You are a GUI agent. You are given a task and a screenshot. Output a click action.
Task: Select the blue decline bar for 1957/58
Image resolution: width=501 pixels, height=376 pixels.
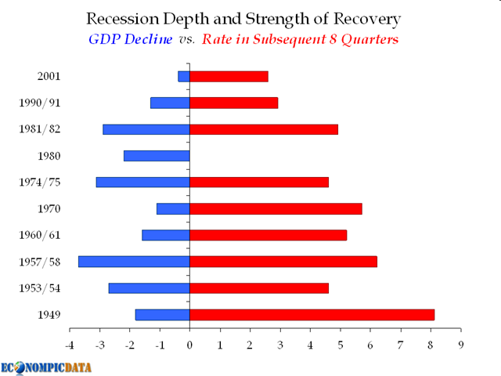coord(134,262)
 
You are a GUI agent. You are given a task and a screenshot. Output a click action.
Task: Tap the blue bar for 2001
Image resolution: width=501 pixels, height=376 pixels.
coord(184,76)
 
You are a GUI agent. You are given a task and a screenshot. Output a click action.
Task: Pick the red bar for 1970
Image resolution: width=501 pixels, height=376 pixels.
coord(276,208)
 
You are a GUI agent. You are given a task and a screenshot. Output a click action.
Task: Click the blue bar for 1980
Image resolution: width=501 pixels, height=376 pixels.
coord(157,156)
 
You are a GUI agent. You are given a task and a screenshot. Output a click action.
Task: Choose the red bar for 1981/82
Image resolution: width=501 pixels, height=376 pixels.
coord(264,129)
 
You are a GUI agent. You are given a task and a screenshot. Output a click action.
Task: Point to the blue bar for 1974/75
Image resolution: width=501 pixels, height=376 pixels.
coord(142,182)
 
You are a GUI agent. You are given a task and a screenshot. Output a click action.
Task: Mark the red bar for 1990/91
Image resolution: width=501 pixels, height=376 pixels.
coord(233,103)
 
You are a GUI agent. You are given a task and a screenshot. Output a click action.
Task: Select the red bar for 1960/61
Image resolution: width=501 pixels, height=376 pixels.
coord(268,235)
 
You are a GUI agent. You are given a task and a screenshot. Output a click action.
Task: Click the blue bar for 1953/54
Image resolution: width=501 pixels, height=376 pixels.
coord(149,288)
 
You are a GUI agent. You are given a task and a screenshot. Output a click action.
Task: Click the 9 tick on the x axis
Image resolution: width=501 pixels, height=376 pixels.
coord(461,344)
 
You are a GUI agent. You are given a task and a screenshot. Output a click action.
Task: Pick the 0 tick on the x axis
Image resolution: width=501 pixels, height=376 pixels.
coord(189,344)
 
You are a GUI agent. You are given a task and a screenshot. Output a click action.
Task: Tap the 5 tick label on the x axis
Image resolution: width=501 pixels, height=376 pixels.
coord(341,344)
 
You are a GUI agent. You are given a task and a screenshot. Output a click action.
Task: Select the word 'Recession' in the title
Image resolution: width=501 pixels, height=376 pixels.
coord(124,18)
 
